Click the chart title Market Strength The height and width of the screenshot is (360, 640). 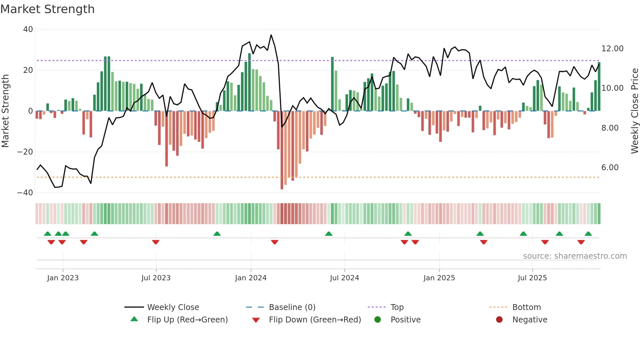(x=47, y=9)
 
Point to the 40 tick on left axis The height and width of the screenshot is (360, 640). (x=28, y=29)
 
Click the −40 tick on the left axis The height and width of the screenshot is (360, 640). (x=25, y=193)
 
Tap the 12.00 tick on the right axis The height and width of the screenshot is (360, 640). (x=612, y=49)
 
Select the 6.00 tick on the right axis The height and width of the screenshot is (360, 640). (x=610, y=168)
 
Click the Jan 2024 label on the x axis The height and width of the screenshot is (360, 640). (x=250, y=278)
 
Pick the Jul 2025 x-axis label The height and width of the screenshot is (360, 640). (x=532, y=278)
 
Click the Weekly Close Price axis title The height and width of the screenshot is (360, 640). (x=634, y=111)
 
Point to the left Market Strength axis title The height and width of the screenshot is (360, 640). (x=5, y=111)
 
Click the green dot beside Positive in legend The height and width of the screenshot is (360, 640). (x=377, y=320)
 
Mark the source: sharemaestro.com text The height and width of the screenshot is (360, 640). (x=575, y=256)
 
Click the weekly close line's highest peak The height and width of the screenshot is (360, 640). (x=271, y=35)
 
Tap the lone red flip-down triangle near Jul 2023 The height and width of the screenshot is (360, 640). (x=156, y=242)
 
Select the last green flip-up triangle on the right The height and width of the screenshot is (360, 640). (x=588, y=234)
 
